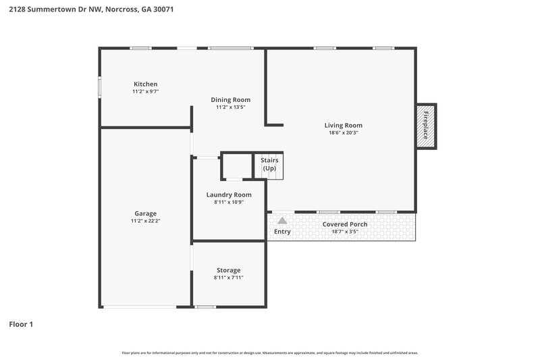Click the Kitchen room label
coord(145,84)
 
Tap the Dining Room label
coord(230,100)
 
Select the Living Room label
coord(343,125)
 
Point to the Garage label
coord(145,213)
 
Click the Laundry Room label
coord(228,195)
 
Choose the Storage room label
coord(228,270)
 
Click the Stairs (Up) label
coord(269,163)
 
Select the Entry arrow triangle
coord(282,220)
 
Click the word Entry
coord(282,232)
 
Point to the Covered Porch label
coord(344,224)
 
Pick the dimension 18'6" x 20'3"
coord(343,132)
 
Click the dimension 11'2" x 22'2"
coord(145,221)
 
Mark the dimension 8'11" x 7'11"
coord(228,278)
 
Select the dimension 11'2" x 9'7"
coord(145,91)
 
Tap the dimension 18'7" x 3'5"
coord(344,231)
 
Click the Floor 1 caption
coord(21,324)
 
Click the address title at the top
coord(91,10)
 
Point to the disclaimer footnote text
coord(269,353)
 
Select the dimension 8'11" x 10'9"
coord(228,202)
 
